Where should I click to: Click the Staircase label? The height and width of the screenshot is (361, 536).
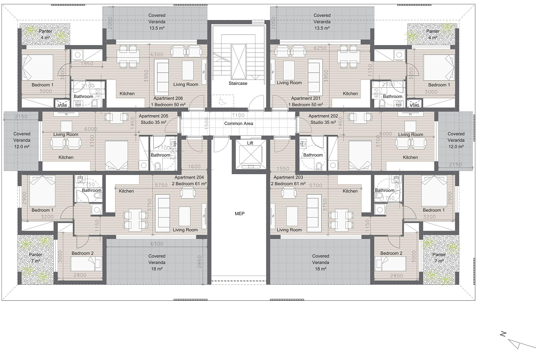point(238,83)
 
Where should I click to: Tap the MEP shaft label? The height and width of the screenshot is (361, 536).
point(240,213)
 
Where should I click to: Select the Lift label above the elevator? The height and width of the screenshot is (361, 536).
point(250,143)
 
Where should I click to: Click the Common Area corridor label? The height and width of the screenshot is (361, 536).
point(238,123)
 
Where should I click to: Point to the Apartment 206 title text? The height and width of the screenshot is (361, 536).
point(168,98)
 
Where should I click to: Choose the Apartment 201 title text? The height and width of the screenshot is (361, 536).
point(306,98)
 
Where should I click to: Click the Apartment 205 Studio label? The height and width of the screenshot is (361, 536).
point(153,119)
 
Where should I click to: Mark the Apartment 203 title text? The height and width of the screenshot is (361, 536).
point(288,177)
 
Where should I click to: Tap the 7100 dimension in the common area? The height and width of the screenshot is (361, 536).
point(238,115)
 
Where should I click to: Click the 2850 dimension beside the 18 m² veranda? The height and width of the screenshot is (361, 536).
point(200,262)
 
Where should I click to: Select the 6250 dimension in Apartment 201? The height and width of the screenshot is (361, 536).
point(320,48)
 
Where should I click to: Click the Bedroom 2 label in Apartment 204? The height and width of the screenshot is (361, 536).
point(82,253)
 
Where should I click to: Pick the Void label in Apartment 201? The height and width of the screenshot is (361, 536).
point(414,105)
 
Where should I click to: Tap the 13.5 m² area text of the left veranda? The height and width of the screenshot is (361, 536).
point(157,28)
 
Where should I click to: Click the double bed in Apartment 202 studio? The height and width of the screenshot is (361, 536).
point(360,155)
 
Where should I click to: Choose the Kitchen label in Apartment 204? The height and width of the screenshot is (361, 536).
point(126,191)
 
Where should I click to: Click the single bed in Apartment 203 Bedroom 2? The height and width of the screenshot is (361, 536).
point(391,264)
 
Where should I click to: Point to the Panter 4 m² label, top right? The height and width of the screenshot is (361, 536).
point(433,34)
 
